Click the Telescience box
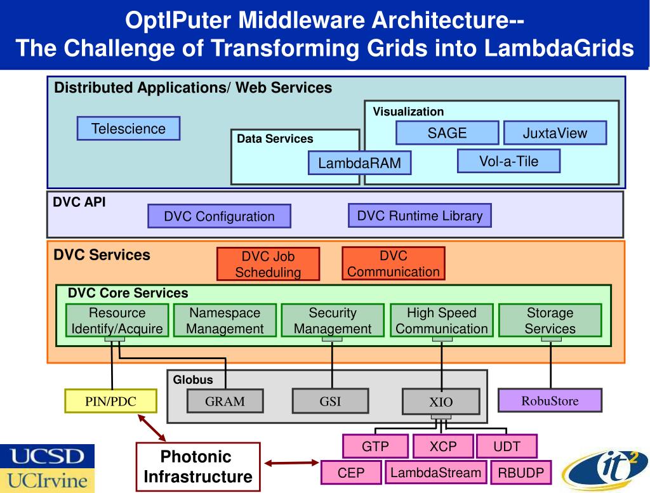coord(128,128)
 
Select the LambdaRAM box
coord(359,163)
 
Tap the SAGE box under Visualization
coord(447,133)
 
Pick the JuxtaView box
coord(555,133)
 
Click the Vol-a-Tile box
coord(508,161)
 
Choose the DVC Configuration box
coord(219,216)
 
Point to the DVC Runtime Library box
coord(420,215)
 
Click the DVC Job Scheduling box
coord(268,264)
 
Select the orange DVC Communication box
coord(393,263)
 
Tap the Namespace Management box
coord(225,320)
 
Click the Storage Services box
coord(550,320)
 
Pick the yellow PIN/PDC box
coord(111,400)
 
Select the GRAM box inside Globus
coord(225,401)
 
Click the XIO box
coord(441,402)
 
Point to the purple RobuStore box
coord(550,400)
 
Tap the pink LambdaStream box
coord(435,473)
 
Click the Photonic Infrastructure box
coord(198,466)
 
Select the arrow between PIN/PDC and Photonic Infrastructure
coord(152,428)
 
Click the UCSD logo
coord(47,456)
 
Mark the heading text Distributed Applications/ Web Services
coord(193,88)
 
